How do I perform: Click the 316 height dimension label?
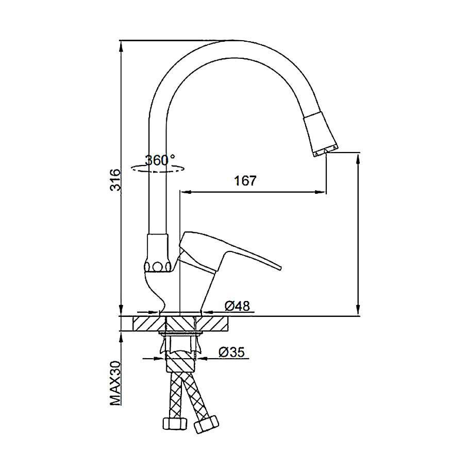point(115,180)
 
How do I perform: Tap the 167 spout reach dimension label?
point(245,181)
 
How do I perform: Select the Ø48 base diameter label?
point(237,306)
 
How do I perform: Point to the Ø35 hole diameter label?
point(232,352)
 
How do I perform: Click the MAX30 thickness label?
point(115,383)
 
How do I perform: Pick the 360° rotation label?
point(160,161)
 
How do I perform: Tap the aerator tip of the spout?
point(326,152)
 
